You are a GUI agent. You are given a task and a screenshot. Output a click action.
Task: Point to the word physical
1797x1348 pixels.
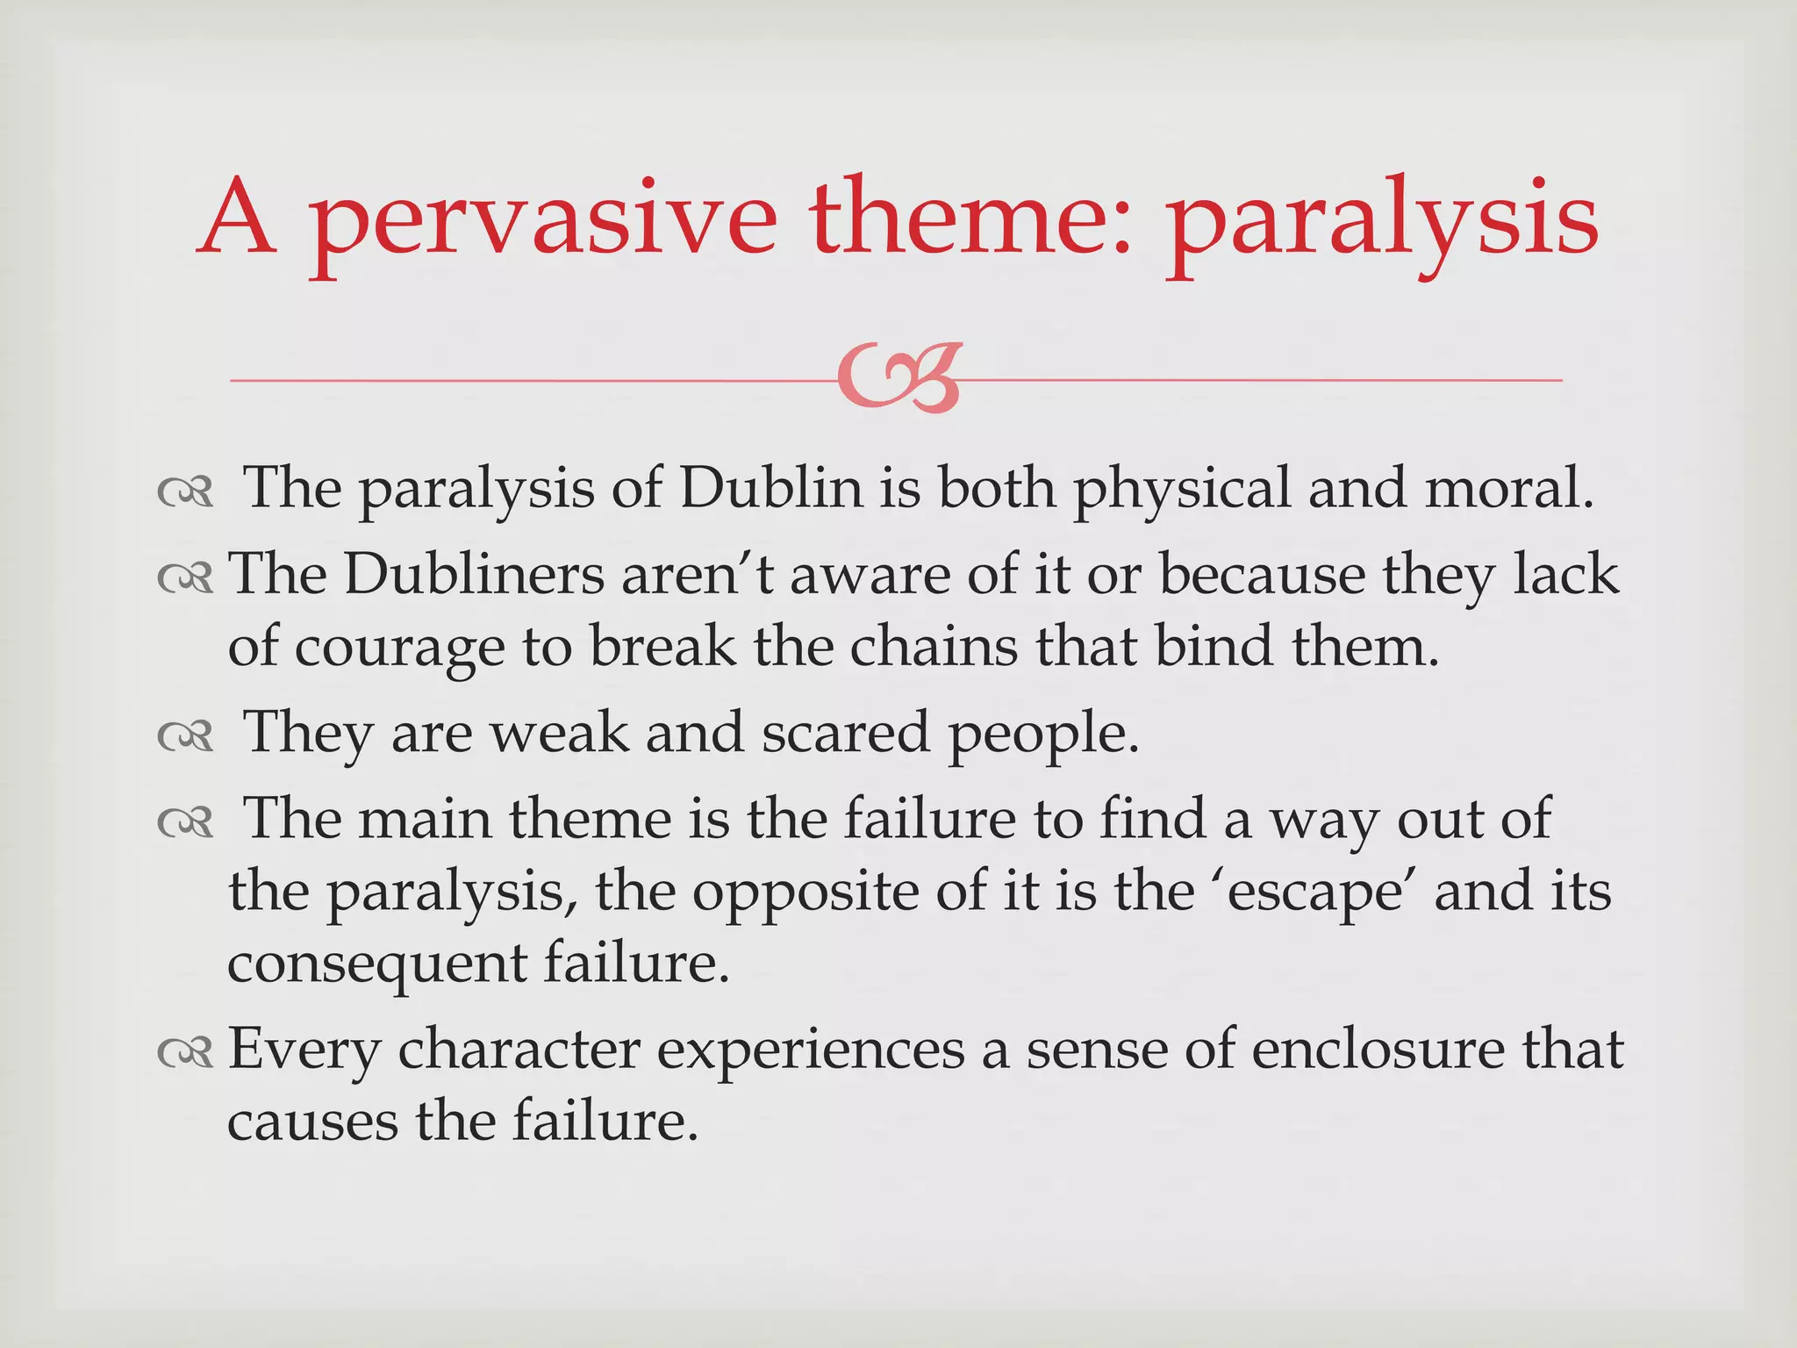click(1182, 490)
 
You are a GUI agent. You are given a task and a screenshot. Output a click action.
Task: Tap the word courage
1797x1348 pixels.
click(399, 649)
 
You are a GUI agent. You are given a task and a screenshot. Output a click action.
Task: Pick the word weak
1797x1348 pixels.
click(559, 732)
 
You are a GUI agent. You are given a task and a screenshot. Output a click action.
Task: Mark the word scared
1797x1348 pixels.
click(845, 732)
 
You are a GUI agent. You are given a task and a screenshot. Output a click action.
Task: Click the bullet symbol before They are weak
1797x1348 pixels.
click(185, 735)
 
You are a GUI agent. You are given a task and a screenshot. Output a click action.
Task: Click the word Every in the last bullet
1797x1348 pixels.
click(304, 1050)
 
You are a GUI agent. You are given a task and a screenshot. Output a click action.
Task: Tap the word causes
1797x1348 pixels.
click(312, 1122)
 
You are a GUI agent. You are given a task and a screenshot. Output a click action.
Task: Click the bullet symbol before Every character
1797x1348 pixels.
click(185, 1051)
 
